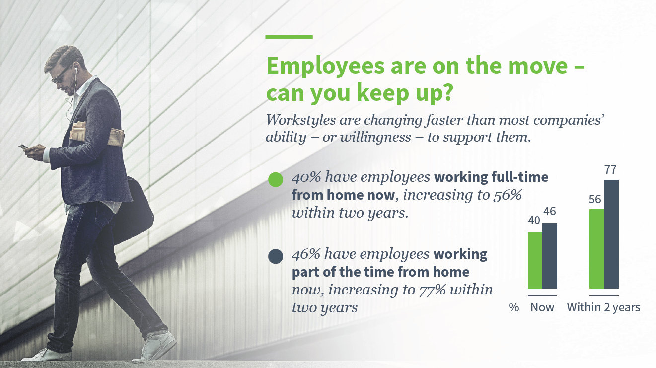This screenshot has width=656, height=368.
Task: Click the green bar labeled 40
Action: pyautogui.click(x=535, y=260)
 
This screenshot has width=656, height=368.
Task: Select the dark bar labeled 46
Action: pyautogui.click(x=550, y=256)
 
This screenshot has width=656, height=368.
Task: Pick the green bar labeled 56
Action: pyautogui.click(x=596, y=248)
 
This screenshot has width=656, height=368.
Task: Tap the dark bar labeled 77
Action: pyautogui.click(x=611, y=234)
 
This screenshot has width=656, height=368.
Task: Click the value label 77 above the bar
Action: pyautogui.click(x=611, y=170)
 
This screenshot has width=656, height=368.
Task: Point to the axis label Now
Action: pyautogui.click(x=542, y=307)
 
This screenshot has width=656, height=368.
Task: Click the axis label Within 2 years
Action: pyautogui.click(x=603, y=307)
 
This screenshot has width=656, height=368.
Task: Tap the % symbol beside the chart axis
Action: pyautogui.click(x=514, y=307)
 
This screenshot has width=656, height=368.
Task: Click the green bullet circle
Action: pyautogui.click(x=276, y=179)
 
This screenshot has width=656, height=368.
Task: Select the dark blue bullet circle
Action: pyautogui.click(x=276, y=256)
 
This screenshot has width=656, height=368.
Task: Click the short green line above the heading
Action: pyautogui.click(x=289, y=37)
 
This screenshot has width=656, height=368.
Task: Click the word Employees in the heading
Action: pyautogui.click(x=325, y=67)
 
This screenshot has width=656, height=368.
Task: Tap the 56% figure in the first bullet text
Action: pyautogui.click(x=508, y=195)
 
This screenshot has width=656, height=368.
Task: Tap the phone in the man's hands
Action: pyautogui.click(x=23, y=147)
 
